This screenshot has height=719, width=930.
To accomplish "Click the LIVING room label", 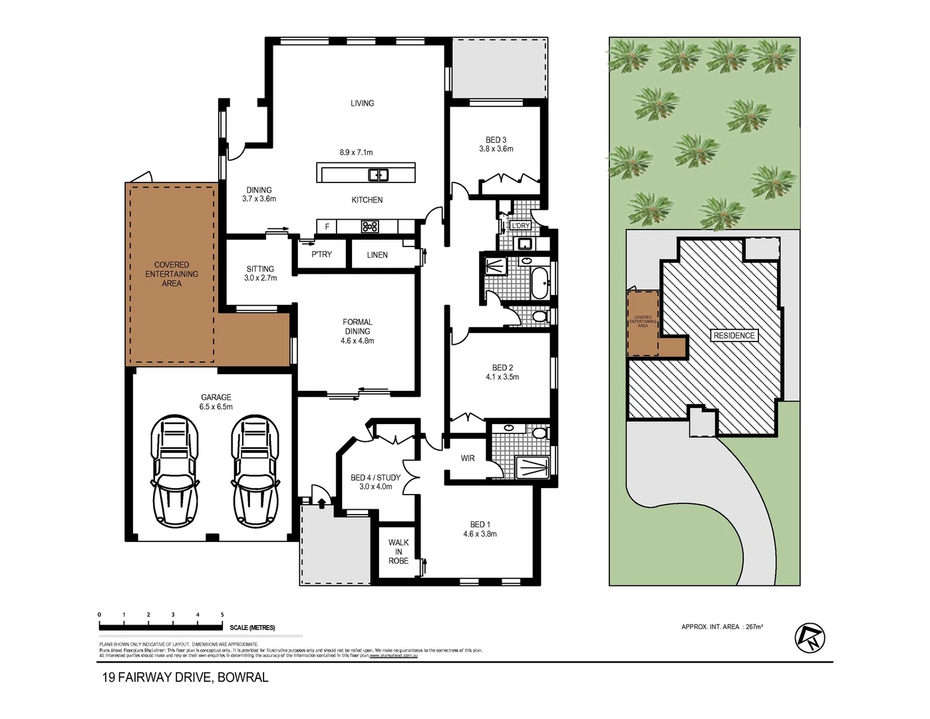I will click(362, 103).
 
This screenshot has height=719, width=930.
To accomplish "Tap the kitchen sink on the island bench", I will click(378, 175).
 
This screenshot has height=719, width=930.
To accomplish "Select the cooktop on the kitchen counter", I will click(370, 227).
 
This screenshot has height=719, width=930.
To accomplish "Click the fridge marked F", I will click(327, 227).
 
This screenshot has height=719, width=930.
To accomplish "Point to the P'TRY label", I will click(321, 254).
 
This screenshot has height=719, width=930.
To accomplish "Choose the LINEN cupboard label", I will click(377, 255).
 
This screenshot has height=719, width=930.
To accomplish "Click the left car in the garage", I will click(174, 471).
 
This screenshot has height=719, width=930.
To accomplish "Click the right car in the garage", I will click(255, 471).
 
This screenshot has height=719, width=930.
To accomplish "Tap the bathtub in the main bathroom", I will click(540, 283).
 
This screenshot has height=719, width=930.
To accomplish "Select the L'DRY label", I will click(520, 226).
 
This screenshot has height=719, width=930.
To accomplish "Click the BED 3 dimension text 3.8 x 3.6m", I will click(496, 149).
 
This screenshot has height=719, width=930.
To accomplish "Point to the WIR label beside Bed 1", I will click(468, 458).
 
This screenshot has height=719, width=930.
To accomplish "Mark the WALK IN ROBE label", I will click(398, 552).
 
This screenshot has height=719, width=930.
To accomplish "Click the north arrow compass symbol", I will click(810, 638).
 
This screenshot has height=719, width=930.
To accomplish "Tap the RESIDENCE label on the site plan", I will click(734, 336).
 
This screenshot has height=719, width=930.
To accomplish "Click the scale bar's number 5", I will click(222, 615).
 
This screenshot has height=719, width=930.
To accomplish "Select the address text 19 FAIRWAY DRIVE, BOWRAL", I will click(185, 678).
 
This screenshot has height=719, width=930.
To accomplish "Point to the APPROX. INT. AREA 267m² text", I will click(722, 626).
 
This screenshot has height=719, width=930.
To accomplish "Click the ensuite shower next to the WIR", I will click(533, 467).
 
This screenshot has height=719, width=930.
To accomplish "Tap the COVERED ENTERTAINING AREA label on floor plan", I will click(172, 274).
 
